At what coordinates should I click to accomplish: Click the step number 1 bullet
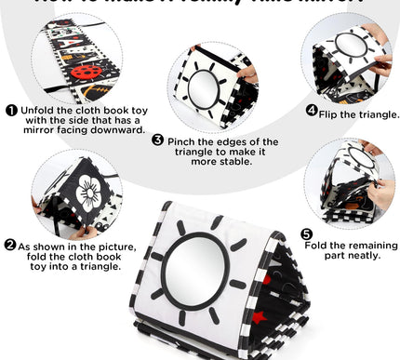tap(10, 109)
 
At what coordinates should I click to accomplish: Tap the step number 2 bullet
tap(10, 245)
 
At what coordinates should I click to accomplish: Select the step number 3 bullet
tap(158, 141)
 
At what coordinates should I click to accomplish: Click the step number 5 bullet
tap(306, 233)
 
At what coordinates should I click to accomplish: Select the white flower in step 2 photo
tap(91, 194)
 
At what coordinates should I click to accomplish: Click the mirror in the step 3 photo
tap(201, 88)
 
